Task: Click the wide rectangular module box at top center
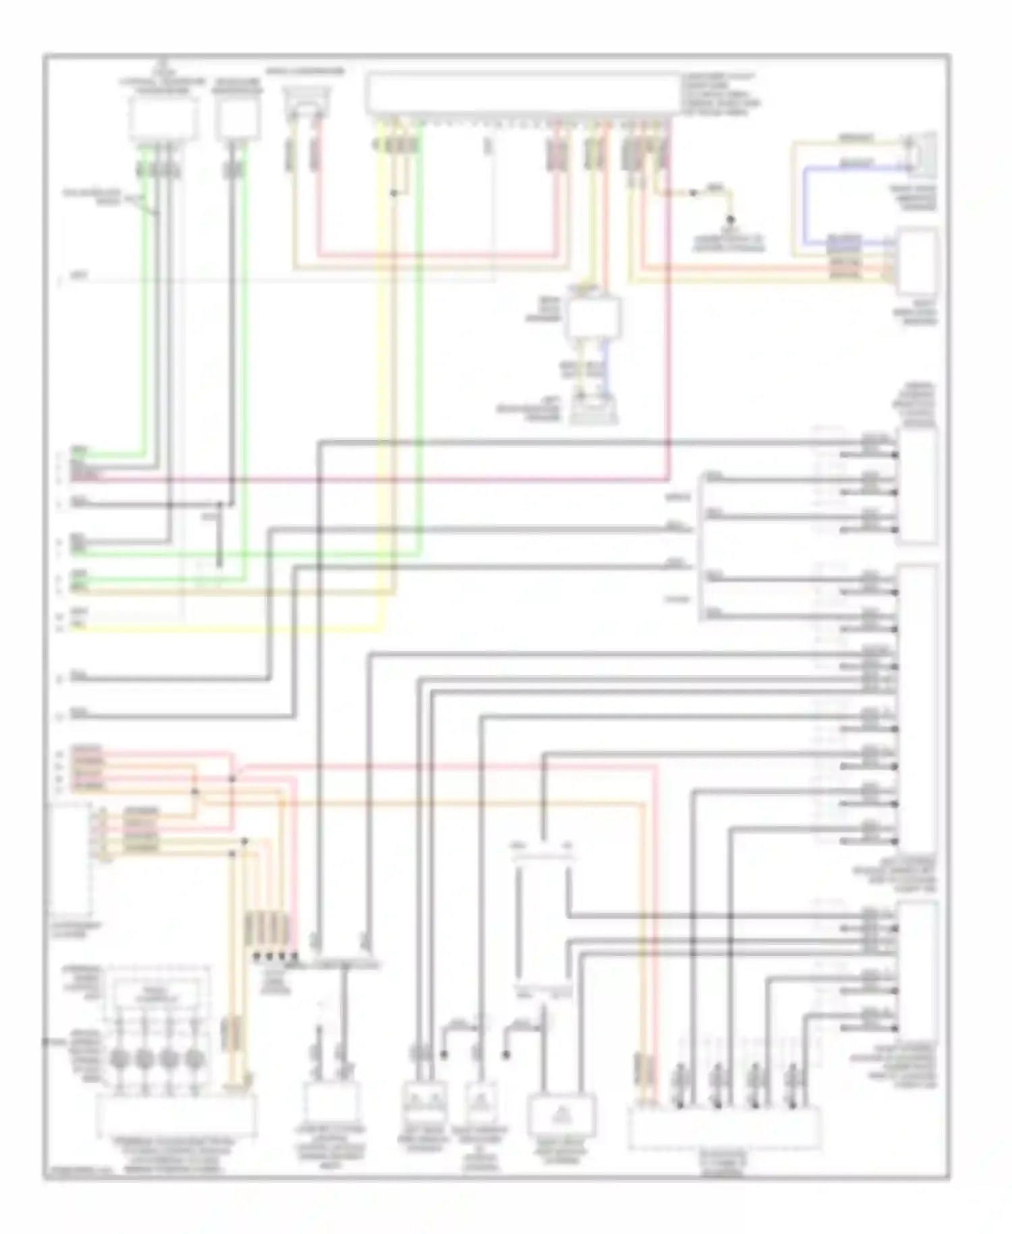pyautogui.click(x=523, y=94)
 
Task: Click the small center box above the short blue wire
pyautogui.click(x=593, y=316)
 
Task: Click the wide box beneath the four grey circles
pyautogui.click(x=176, y=1115)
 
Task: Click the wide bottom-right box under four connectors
pyautogui.click(x=725, y=1127)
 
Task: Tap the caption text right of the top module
pyautogui.click(x=721, y=95)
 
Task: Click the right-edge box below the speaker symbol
pyautogui.click(x=916, y=261)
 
